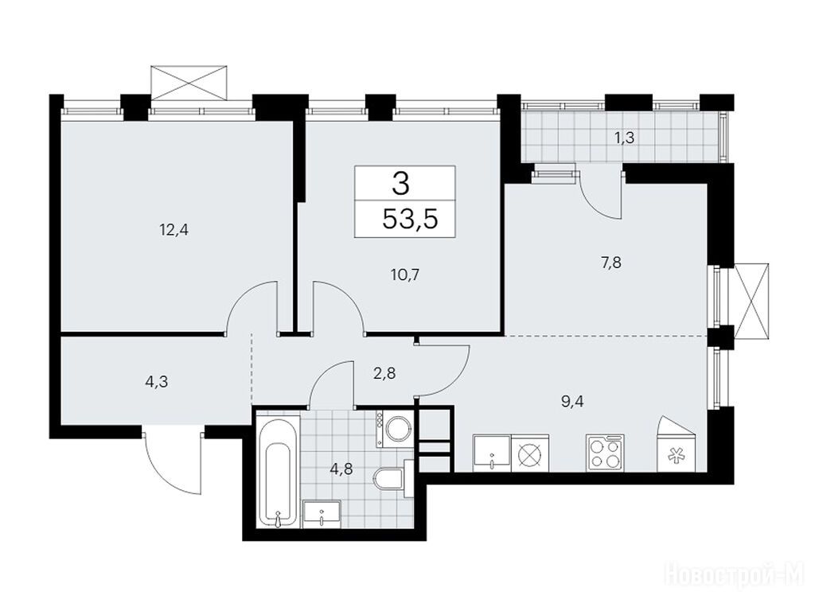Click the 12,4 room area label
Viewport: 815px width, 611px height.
174,230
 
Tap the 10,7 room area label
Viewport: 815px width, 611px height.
405,274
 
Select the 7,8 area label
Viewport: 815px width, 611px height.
611,263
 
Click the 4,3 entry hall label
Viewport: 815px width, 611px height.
156,383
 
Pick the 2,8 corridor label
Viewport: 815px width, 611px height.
385,373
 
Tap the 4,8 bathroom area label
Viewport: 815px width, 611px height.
341,469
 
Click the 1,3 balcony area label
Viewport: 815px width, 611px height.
626,138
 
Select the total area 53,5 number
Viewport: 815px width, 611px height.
410,219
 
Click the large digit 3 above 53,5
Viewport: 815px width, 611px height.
401,184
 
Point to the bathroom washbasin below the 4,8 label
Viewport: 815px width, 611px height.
322,515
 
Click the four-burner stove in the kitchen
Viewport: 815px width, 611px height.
606,453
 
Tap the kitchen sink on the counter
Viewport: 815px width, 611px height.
492,453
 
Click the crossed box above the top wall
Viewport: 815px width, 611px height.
189,83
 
